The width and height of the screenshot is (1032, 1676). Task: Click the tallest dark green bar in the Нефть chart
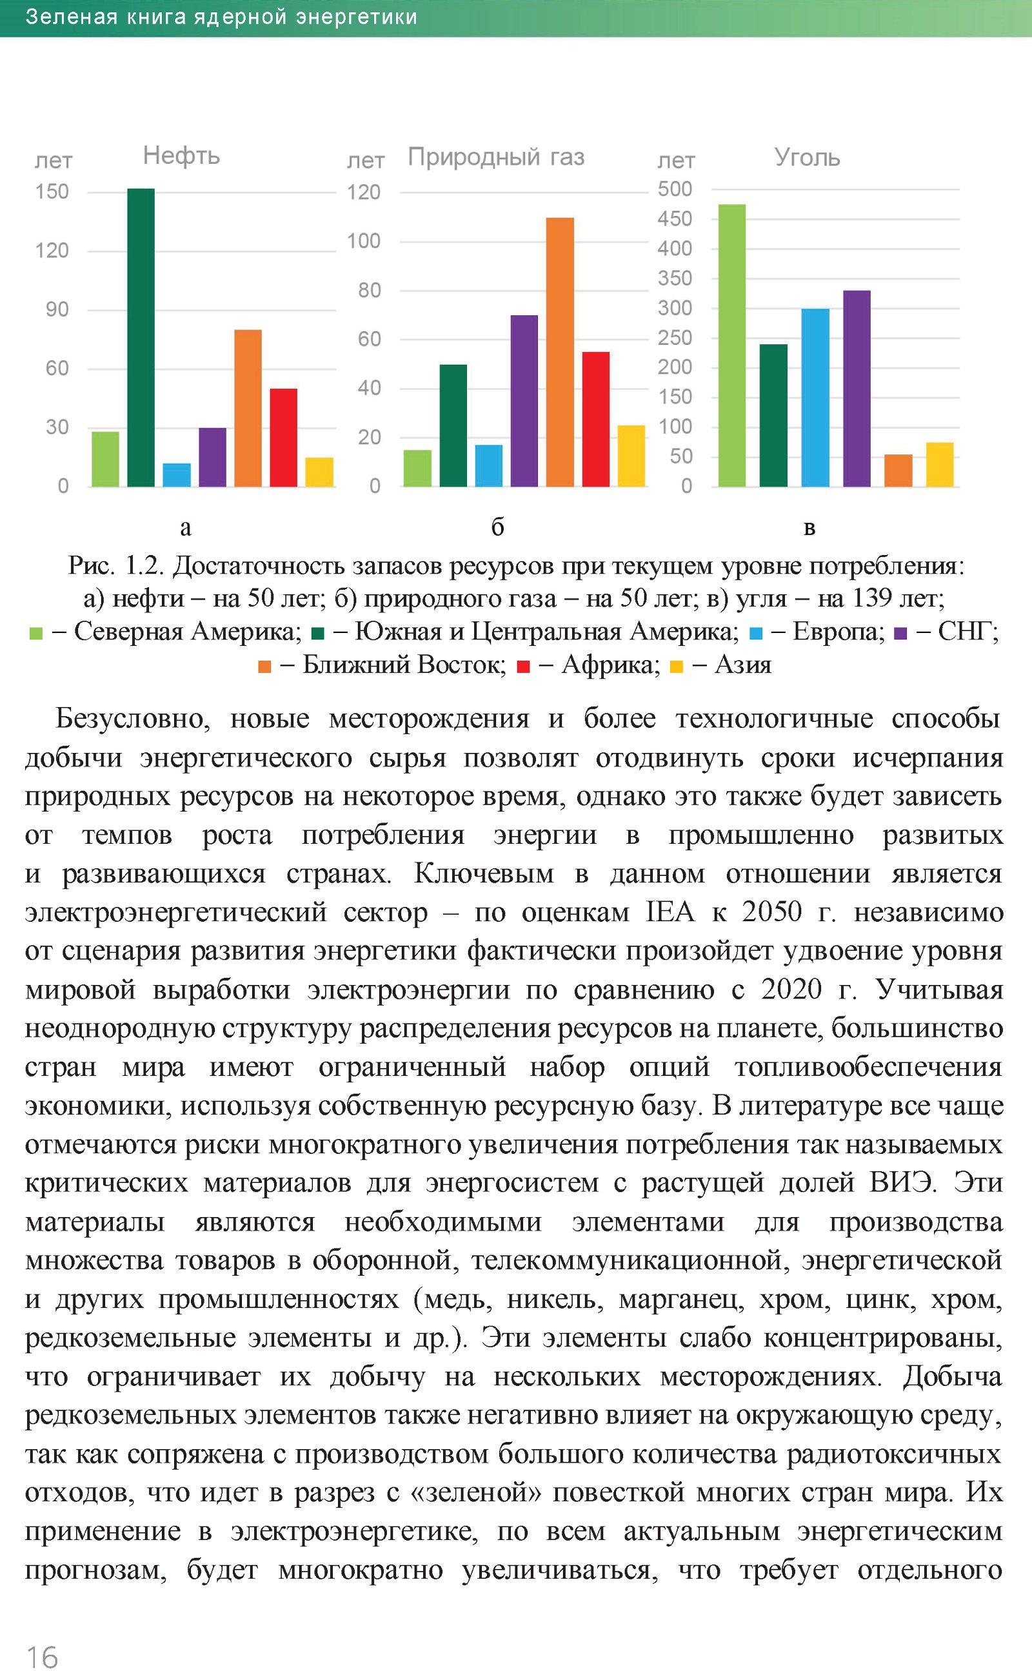pyautogui.click(x=141, y=337)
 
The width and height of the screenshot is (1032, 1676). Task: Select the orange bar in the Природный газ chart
pyautogui.click(x=560, y=351)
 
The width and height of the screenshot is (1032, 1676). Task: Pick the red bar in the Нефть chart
pyautogui.click(x=283, y=437)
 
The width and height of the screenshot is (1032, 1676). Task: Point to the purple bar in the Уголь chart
pyautogui.click(x=857, y=388)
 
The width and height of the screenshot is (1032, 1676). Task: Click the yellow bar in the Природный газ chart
pyautogui.click(x=631, y=456)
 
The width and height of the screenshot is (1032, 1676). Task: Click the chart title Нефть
pyautogui.click(x=181, y=156)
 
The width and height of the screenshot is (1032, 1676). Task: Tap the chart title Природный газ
pyautogui.click(x=496, y=157)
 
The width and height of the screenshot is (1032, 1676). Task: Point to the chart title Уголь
pyautogui.click(x=807, y=157)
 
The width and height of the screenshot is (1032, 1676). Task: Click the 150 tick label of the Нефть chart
pyautogui.click(x=52, y=191)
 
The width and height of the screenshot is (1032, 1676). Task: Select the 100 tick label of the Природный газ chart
pyautogui.click(x=363, y=241)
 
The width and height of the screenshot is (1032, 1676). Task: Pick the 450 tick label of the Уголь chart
pyautogui.click(x=675, y=219)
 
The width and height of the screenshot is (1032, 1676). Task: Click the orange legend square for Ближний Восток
pyautogui.click(x=265, y=667)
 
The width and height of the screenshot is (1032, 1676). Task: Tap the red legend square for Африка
pyautogui.click(x=524, y=667)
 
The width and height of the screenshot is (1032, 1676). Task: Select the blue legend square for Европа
pyautogui.click(x=755, y=634)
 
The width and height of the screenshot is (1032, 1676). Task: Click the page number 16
pyautogui.click(x=42, y=1656)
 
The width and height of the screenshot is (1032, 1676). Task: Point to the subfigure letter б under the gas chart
pyautogui.click(x=497, y=527)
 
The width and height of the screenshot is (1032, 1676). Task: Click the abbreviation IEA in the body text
pyautogui.click(x=670, y=912)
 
